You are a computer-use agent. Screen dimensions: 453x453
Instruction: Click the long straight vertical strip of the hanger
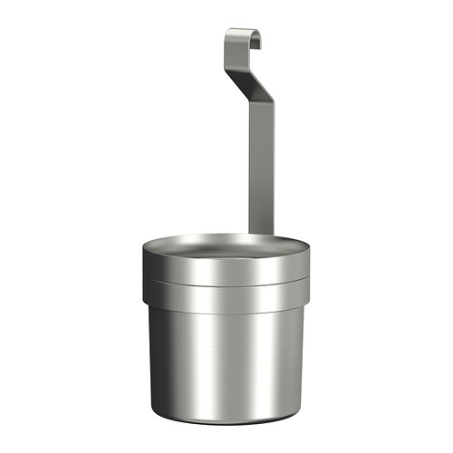point(261,163)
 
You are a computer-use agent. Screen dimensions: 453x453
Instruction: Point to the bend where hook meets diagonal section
point(227,53)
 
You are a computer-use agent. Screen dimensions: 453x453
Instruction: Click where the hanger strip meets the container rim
point(261,234)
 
